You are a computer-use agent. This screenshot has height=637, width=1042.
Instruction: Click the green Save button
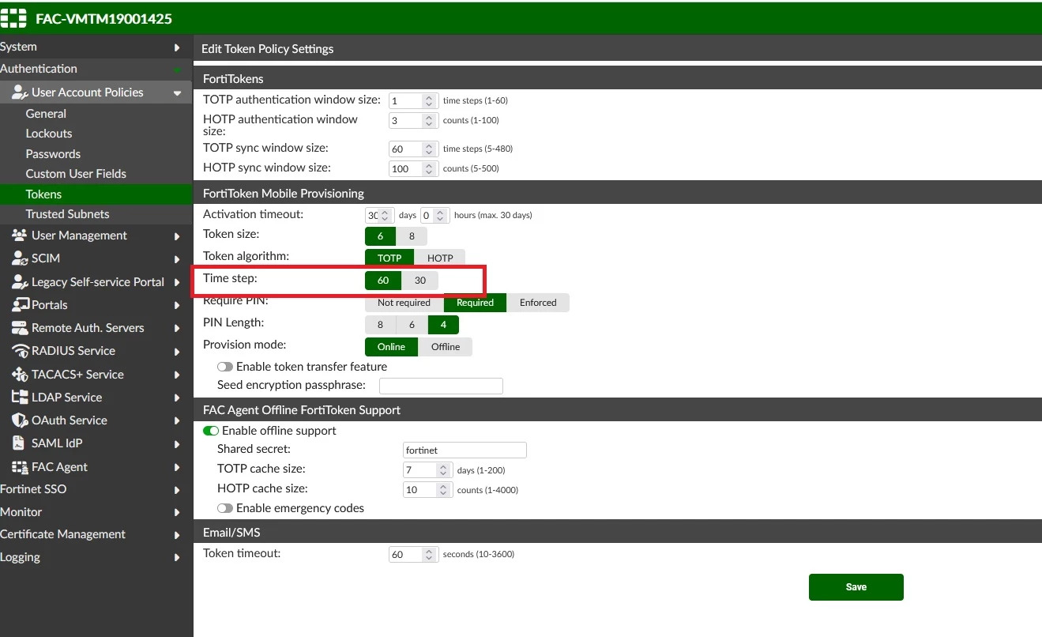coord(856,586)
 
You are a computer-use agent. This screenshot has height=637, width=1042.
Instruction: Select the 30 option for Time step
coord(420,280)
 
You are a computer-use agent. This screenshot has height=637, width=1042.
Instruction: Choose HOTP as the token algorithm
coord(439,258)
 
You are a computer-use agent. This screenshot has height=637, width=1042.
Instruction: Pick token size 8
coord(412,236)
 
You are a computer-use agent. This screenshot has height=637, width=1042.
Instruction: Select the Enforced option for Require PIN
coord(538,303)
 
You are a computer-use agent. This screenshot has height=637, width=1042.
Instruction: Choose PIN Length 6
coord(412,324)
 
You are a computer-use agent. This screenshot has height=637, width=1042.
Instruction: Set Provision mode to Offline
coord(446,347)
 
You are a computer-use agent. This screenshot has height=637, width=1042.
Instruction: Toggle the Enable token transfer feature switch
coord(224,367)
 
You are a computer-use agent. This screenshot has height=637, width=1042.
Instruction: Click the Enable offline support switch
coord(211,431)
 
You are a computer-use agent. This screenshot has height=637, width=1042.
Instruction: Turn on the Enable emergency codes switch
coord(224,508)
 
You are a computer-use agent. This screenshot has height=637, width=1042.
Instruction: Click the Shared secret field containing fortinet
coord(465,450)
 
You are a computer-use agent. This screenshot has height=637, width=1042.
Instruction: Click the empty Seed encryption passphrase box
coord(441,386)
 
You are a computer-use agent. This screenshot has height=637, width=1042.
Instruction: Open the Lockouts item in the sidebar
coord(49,134)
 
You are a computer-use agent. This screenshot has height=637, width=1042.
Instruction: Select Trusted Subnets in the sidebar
coord(67,214)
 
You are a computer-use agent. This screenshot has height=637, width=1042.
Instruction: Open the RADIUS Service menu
coord(73,351)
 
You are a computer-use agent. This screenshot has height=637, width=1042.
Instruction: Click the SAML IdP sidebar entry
coord(57,443)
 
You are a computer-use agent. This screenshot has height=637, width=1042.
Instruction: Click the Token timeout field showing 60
coord(413,554)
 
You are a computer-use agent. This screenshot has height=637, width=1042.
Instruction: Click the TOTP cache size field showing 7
coord(427,470)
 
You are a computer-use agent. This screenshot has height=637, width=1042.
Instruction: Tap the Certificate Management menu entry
coord(62,534)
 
